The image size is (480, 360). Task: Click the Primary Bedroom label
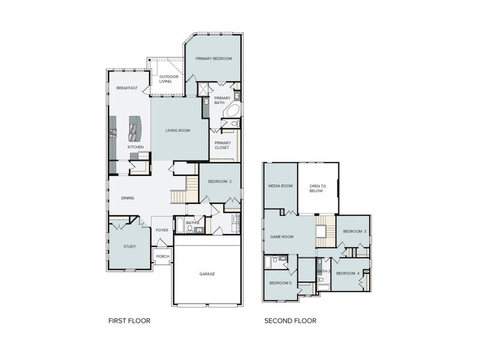pyautogui.click(x=214, y=58)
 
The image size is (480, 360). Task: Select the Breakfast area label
pyautogui.click(x=127, y=88)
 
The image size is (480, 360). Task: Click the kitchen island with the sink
pyautogui.click(x=134, y=127)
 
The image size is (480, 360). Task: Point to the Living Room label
pyautogui.click(x=178, y=130)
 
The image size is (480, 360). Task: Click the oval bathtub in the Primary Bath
pyautogui.click(x=233, y=111)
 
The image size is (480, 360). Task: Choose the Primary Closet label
pyautogui.click(x=223, y=145)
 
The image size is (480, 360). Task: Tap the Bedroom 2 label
pyautogui.click(x=220, y=181)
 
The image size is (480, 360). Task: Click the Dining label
pyautogui.click(x=127, y=198)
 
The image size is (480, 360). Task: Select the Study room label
pyautogui.click(x=130, y=246)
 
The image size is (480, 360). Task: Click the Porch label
pyautogui.click(x=163, y=256)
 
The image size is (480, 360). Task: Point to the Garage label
pyautogui.click(x=207, y=274)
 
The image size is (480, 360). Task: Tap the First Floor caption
pyautogui.click(x=129, y=321)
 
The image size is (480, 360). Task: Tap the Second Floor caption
pyautogui.click(x=290, y=321)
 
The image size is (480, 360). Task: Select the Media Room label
pyautogui.click(x=280, y=186)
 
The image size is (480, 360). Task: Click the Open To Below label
pyautogui.click(x=316, y=188)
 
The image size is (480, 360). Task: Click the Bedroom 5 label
pyautogui.click(x=280, y=283)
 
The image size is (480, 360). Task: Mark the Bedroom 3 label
pyautogui.click(x=355, y=232)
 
